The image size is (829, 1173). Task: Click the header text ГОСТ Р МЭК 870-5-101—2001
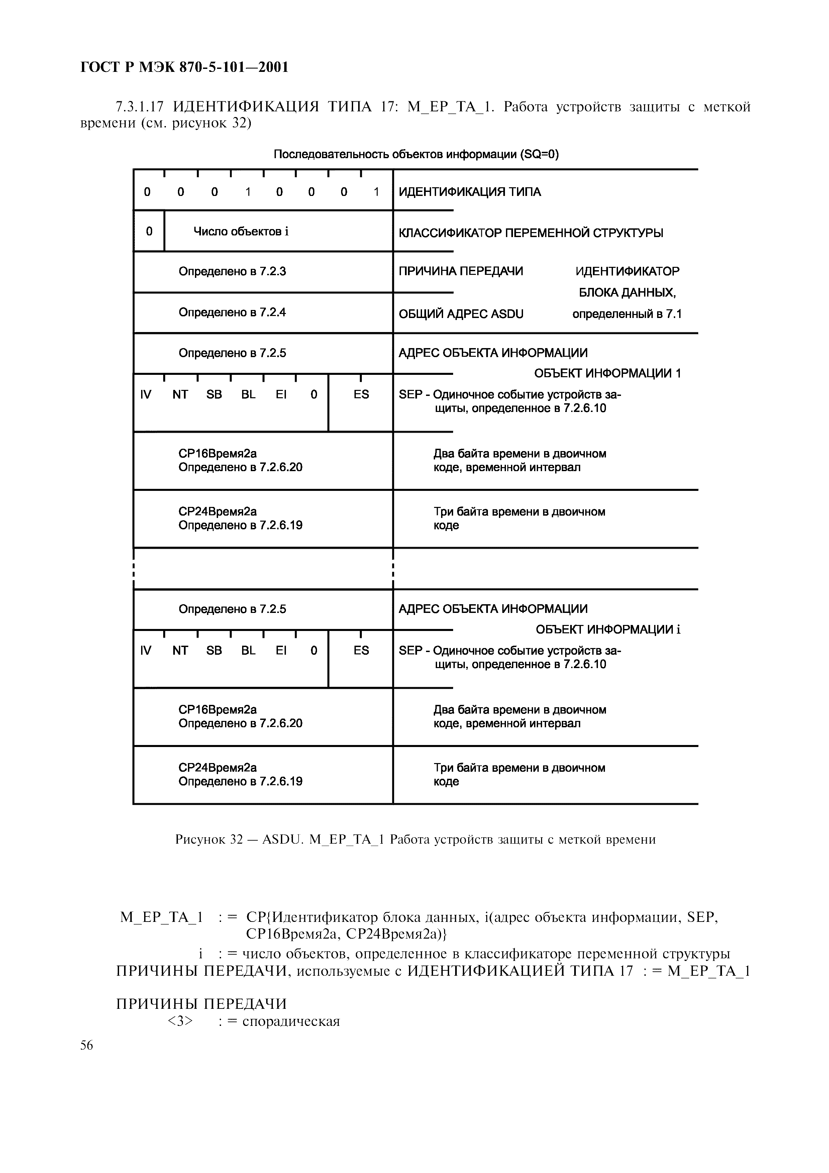(x=184, y=67)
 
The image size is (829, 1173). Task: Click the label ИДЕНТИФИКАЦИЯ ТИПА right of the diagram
(x=470, y=192)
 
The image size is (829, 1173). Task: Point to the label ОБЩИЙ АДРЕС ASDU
(x=461, y=314)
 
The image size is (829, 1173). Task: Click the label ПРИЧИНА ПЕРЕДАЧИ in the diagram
(x=461, y=271)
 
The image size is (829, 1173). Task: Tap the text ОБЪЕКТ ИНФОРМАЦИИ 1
(x=607, y=374)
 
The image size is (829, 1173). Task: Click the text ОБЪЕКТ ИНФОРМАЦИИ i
(x=608, y=629)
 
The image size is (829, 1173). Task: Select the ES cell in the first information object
(x=361, y=395)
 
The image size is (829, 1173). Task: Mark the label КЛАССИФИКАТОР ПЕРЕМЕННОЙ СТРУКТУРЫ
(x=531, y=233)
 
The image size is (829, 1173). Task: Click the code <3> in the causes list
(x=180, y=1021)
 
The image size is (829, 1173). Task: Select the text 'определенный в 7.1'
(x=627, y=314)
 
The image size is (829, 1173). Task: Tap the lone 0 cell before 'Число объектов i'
(x=149, y=231)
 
